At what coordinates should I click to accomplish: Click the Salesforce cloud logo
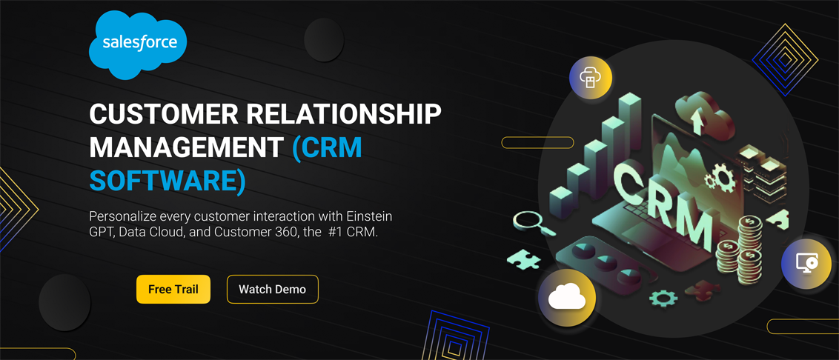[138, 45]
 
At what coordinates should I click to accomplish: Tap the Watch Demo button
[272, 290]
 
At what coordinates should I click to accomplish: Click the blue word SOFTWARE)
[168, 180]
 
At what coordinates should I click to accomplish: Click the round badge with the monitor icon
[806, 264]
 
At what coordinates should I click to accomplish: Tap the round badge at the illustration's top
[590, 78]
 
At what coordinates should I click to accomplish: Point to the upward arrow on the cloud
[697, 121]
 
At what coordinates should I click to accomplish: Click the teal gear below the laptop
[663, 298]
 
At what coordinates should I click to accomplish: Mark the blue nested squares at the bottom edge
[455, 336]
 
